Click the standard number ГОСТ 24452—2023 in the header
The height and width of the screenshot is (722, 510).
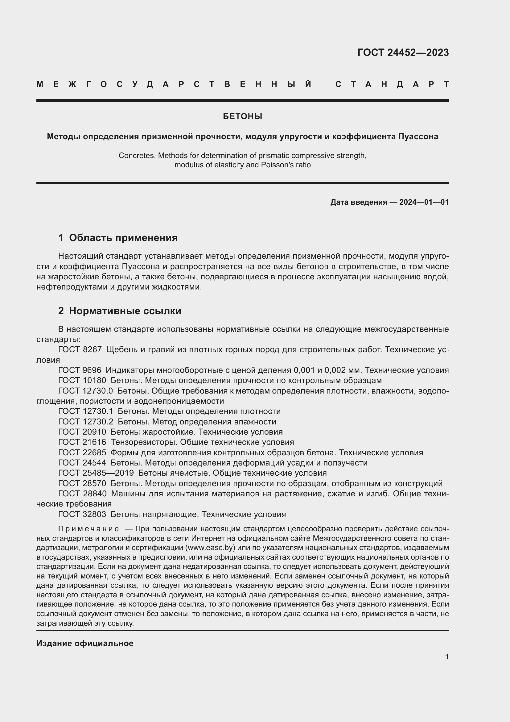point(403,52)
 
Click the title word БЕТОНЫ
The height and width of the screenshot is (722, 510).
point(242,117)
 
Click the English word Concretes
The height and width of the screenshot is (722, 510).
point(137,156)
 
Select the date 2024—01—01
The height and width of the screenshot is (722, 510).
point(424,202)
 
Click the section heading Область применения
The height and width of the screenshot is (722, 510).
point(123,238)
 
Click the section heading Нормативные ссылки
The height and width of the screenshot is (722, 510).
point(125,311)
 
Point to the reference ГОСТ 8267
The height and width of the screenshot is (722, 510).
point(80,350)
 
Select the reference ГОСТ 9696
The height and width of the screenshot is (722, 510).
point(80,370)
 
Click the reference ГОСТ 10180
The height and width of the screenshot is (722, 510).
point(82,381)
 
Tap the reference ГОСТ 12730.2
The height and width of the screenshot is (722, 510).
point(85,422)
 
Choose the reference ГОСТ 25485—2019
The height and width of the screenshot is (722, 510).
point(96,473)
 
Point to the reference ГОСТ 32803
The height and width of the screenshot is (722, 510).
point(82,515)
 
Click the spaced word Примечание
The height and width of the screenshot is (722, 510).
point(88,529)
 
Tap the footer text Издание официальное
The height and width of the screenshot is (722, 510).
point(85,643)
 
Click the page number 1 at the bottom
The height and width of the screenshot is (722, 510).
point(447,657)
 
